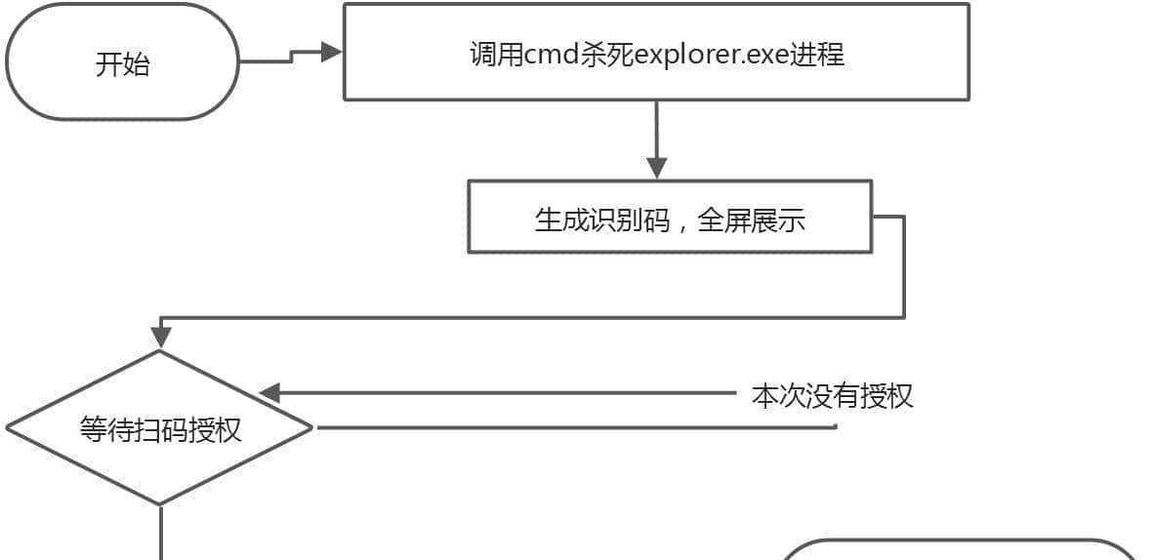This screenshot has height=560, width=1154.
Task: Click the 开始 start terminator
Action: point(122,64)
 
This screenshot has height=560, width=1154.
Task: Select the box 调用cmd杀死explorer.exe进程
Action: point(656,53)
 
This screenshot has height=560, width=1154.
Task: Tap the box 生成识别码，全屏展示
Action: point(670,218)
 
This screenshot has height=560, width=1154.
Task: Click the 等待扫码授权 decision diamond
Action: point(160,428)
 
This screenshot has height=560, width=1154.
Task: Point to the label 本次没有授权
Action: point(832,396)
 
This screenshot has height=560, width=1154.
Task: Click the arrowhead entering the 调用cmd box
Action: point(332,52)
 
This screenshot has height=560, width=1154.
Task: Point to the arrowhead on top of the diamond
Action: point(160,338)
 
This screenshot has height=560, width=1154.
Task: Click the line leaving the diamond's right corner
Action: point(576,427)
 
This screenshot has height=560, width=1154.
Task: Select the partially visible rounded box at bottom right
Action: point(962,551)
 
